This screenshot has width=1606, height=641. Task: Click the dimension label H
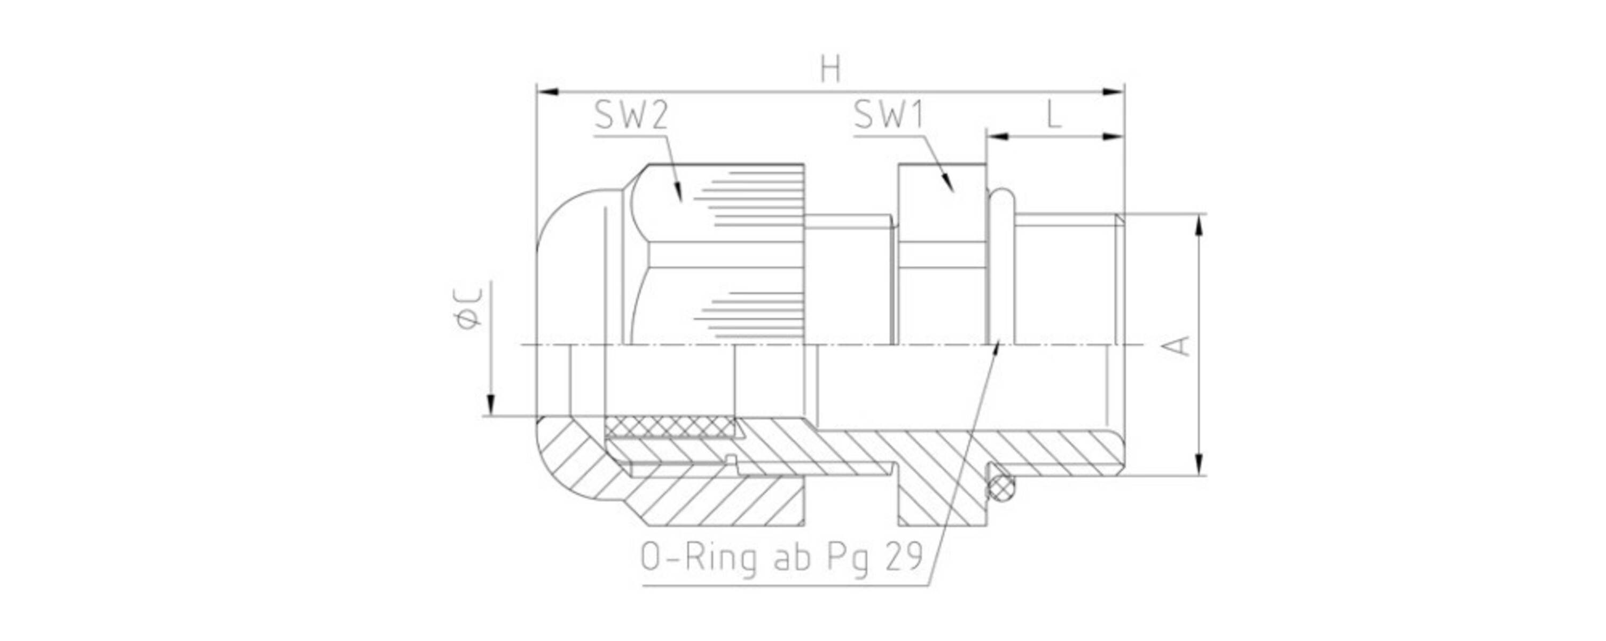pyautogui.click(x=831, y=70)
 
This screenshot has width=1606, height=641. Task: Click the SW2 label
pyautogui.click(x=631, y=116)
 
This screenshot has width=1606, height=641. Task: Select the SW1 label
pyautogui.click(x=888, y=116)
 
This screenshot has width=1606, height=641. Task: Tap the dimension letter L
pyautogui.click(x=1053, y=115)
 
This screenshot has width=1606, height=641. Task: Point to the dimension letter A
pyautogui.click(x=1177, y=346)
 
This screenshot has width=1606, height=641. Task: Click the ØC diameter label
pyautogui.click(x=469, y=309)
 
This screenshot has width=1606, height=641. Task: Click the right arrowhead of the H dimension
pyautogui.click(x=1114, y=92)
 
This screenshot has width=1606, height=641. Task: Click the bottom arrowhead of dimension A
pyautogui.click(x=1199, y=466)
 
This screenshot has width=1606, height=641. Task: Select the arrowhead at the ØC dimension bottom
pyautogui.click(x=491, y=405)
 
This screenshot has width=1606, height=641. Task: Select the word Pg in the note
pyautogui.click(x=849, y=558)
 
